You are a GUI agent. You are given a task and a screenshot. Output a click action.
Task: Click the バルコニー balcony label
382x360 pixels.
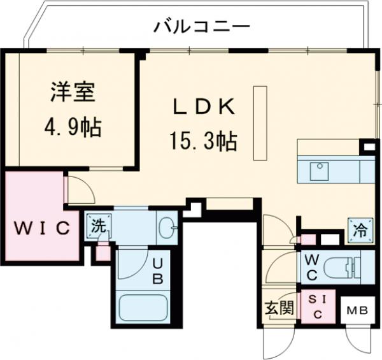pos(201,27)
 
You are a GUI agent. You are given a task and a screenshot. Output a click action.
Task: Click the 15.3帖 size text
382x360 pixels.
pos(202,139)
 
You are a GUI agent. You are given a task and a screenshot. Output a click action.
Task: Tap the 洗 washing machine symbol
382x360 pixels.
pos(98,226)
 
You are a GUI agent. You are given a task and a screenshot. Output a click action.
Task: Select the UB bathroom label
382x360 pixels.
pos(157,270)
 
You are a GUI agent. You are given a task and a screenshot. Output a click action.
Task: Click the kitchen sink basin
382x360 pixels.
pos(318,171)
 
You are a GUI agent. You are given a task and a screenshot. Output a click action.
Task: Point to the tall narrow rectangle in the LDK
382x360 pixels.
pos(259,122)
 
